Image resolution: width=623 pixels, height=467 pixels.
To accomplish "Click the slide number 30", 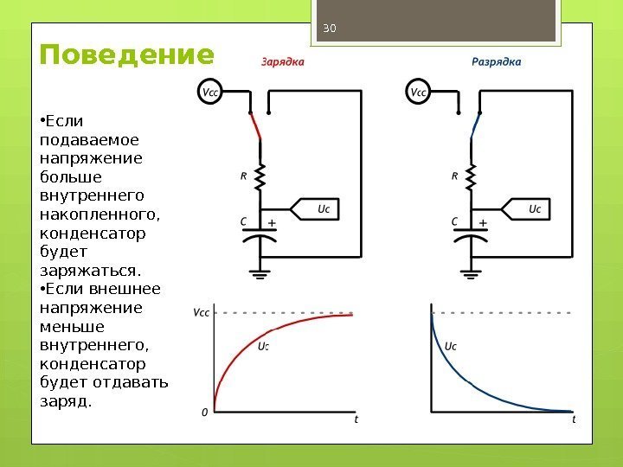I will click(x=328, y=29).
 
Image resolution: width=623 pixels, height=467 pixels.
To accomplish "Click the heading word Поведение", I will click(x=126, y=56).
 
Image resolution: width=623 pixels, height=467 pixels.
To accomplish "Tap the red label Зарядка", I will click(x=283, y=61).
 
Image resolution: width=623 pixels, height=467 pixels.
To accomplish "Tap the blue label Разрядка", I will click(x=496, y=61).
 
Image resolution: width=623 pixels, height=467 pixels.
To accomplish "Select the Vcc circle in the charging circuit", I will click(x=209, y=91).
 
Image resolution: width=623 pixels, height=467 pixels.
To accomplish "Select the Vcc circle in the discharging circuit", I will click(x=419, y=91).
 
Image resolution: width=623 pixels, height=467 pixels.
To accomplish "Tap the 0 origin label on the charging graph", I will click(x=205, y=413).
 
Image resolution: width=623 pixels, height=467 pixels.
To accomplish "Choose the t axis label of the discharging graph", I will click(x=574, y=419).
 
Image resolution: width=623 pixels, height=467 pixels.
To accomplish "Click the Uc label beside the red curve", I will click(x=264, y=347).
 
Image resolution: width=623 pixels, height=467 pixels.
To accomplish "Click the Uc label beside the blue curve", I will click(x=450, y=347).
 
